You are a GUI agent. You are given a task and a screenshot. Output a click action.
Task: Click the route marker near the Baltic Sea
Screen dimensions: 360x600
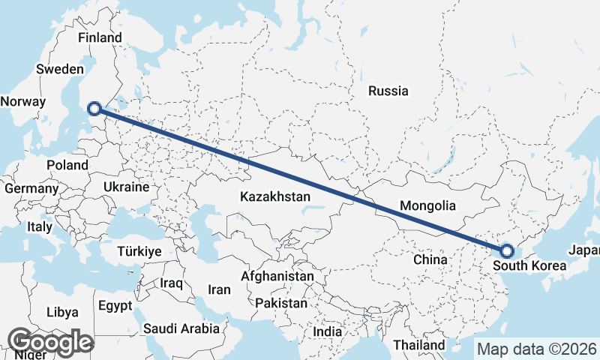(x=94, y=109)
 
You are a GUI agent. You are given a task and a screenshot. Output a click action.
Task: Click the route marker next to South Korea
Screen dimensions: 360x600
(x=506, y=251)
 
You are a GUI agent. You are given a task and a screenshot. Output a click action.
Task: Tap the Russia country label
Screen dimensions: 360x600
(x=388, y=91)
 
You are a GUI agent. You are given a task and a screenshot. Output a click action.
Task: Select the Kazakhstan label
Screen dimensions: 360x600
(x=275, y=196)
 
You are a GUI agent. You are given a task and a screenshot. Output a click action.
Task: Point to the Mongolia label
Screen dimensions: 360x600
(x=427, y=205)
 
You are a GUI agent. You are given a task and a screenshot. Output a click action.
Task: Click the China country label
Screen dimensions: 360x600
(x=430, y=259)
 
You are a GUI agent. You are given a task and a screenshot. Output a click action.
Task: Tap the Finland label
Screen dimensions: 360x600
(x=100, y=37)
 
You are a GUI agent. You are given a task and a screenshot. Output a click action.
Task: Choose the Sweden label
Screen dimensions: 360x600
(x=60, y=69)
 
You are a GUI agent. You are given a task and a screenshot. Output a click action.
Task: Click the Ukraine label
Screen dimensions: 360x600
(x=126, y=187)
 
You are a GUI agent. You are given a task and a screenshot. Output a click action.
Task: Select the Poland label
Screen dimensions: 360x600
(x=67, y=165)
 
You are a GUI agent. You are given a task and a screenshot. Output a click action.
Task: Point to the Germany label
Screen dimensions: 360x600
(x=31, y=189)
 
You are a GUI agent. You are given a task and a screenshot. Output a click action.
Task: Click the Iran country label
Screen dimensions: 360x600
(x=219, y=289)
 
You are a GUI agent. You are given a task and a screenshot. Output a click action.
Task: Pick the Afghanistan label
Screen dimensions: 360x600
(x=277, y=276)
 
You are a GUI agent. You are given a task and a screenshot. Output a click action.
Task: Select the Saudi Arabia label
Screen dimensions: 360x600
(x=181, y=328)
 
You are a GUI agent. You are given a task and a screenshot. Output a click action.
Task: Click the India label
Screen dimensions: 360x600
(x=327, y=331)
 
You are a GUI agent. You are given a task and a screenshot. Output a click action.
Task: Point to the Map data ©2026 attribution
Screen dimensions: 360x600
(x=536, y=349)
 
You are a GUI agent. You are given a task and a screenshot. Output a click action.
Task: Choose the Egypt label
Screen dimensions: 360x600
(x=115, y=306)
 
